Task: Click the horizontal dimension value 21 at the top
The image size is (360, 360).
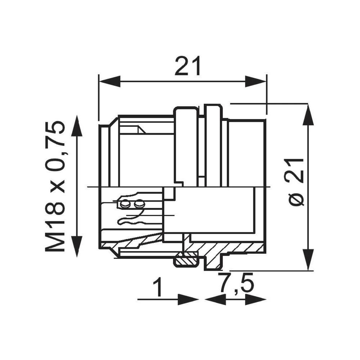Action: point(187,66)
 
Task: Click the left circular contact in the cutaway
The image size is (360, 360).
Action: point(125,204)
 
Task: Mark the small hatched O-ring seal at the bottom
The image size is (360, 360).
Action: point(186,260)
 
